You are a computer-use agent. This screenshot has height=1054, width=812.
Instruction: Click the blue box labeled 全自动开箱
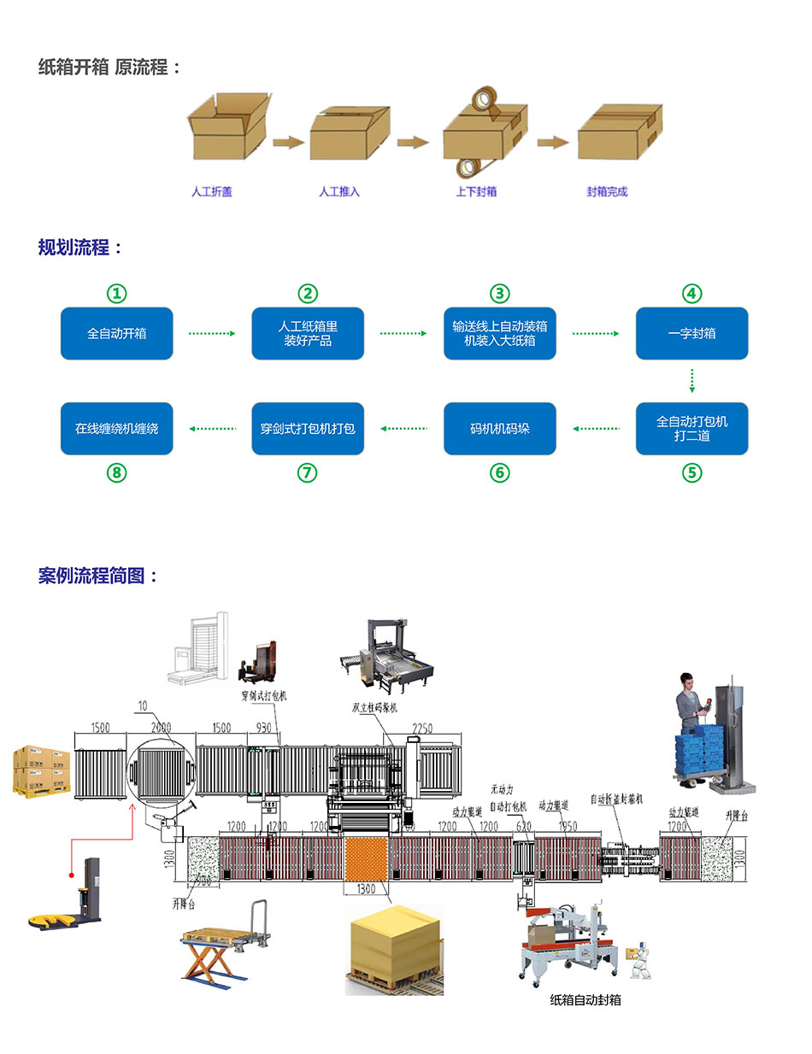point(116,333)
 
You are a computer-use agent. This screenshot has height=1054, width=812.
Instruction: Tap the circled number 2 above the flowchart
point(308,294)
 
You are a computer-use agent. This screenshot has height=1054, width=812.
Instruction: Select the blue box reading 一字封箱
point(691,333)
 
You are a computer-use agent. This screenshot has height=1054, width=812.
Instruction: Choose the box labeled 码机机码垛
point(499,428)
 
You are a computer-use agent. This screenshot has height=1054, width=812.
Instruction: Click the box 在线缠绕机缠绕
point(116,428)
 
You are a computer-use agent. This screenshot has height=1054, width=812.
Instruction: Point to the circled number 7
point(308,472)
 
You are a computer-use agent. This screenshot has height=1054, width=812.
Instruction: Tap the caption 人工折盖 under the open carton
point(212,192)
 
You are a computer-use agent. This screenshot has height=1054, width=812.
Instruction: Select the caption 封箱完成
point(607,192)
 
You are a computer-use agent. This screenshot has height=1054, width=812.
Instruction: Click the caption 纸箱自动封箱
point(585,999)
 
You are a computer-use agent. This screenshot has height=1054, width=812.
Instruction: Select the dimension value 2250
point(422,729)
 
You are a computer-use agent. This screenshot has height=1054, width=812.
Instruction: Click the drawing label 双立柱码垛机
point(374,707)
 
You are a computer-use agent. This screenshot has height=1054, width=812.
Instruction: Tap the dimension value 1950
point(568,826)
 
